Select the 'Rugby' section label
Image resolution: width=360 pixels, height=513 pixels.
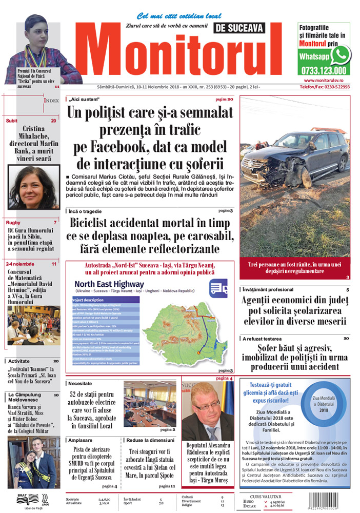tap(13, 223)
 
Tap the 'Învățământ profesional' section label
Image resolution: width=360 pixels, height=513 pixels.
tap(268, 290)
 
